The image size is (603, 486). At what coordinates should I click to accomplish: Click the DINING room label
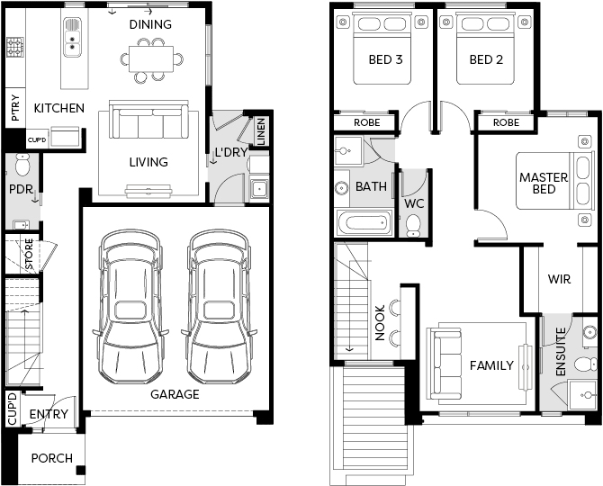tap(150, 24)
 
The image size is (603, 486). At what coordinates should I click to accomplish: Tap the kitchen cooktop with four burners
tap(15, 47)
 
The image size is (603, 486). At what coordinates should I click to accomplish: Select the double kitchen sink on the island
tap(72, 37)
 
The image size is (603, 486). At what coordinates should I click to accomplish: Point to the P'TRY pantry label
tap(15, 108)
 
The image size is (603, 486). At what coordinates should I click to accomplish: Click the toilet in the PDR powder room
tap(22, 165)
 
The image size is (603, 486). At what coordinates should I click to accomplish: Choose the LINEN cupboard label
tap(261, 131)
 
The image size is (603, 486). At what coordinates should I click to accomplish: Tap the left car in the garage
tap(130, 306)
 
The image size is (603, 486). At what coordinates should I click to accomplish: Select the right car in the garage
tap(220, 306)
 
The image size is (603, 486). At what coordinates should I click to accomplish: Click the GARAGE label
tap(175, 394)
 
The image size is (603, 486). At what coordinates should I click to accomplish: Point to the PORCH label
tap(52, 458)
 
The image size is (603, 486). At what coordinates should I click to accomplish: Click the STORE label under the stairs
tap(29, 254)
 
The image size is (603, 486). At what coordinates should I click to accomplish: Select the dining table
tap(151, 58)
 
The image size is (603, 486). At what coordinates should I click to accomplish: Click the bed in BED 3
tap(382, 48)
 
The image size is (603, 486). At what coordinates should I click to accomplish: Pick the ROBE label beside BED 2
tap(506, 122)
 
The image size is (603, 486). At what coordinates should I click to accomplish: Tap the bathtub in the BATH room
tap(364, 222)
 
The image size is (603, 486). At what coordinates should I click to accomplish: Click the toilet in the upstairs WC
tap(414, 226)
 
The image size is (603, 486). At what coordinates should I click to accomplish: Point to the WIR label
tap(559, 279)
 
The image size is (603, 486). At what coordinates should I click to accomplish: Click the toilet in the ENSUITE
tap(585, 364)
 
